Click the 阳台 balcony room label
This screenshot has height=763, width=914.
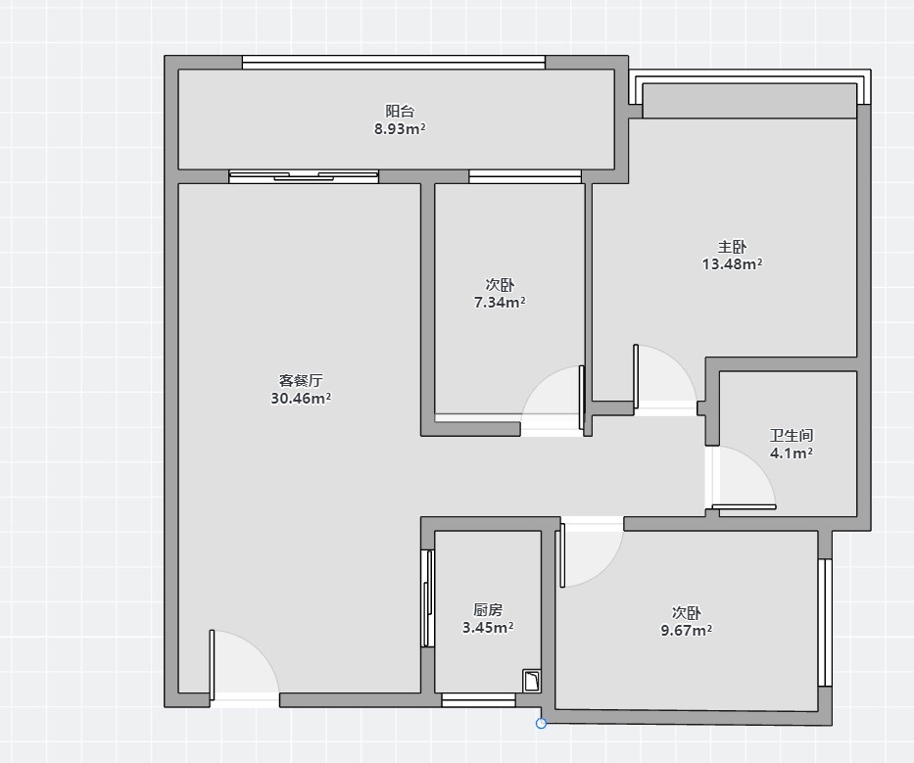coord(400,111)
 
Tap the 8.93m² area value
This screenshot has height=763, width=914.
coord(400,129)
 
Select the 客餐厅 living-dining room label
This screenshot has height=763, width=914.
coord(301,381)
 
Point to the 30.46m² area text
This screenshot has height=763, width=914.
coord(301,399)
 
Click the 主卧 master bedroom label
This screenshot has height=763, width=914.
coord(732,247)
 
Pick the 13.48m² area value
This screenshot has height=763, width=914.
coord(732,264)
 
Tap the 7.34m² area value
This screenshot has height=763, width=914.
coord(500,303)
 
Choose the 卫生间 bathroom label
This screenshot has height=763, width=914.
coord(791,436)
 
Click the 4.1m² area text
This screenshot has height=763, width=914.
coord(791,453)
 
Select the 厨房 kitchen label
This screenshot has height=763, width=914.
coord(487,609)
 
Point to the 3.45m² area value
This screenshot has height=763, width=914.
coord(487,628)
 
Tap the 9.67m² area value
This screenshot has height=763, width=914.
coord(686,630)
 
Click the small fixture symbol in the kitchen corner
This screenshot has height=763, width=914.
coord(532,681)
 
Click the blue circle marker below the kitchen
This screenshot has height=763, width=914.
coord(541,724)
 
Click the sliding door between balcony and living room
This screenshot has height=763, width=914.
coord(304,176)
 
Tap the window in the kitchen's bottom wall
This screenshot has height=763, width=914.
coord(479,700)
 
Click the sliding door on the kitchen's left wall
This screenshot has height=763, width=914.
coord(428,598)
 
